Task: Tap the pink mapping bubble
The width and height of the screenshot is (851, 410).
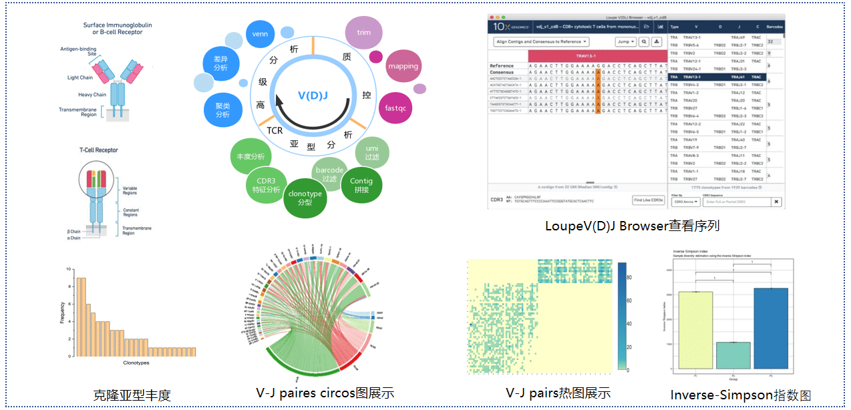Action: [403, 67]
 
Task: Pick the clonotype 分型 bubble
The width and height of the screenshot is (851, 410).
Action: [304, 198]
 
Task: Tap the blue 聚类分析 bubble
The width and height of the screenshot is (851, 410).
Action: [222, 111]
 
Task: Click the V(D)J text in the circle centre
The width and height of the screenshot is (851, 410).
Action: [313, 97]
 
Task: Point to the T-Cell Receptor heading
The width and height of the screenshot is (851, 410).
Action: [99, 150]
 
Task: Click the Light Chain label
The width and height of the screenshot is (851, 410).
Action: [81, 78]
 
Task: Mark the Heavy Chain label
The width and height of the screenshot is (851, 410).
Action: [92, 95]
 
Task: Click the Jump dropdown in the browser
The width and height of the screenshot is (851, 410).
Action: [625, 41]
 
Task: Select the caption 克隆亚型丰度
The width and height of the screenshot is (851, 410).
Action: [132, 395]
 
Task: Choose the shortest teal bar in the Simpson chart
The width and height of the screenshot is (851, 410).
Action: [733, 355]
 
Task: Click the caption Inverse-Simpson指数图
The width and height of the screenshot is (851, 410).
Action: [740, 395]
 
